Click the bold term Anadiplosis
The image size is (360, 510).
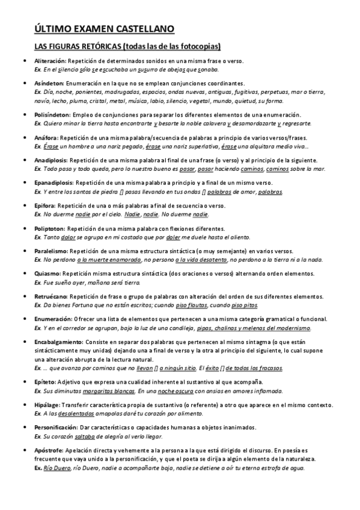(51, 161)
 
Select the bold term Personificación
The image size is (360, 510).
(56, 428)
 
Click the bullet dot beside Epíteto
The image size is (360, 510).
(23, 382)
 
